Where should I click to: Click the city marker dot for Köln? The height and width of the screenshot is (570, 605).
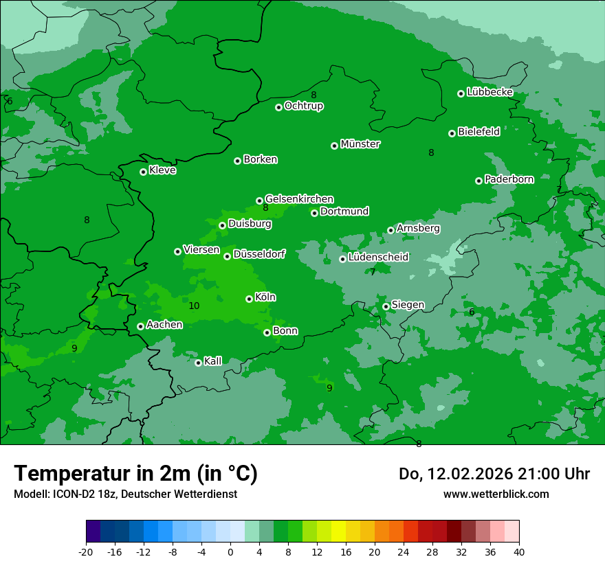tap(249, 299)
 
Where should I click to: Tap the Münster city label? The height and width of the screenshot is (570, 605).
tap(360, 144)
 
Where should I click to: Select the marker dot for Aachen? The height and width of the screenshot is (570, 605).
tap(140, 326)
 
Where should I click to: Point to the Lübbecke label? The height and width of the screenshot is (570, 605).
tap(489, 92)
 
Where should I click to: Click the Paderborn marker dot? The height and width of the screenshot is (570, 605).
tap(478, 181)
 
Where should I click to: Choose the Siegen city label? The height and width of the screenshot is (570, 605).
tap(408, 305)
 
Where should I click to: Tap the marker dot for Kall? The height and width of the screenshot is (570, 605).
tap(198, 363)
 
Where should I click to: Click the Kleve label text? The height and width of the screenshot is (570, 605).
tap(162, 170)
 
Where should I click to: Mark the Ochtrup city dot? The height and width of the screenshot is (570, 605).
tap(278, 107)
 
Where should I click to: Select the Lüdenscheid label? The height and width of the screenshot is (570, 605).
tap(378, 258)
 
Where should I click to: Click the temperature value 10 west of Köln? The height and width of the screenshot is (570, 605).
tap(194, 306)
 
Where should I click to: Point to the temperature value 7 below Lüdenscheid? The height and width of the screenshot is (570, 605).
tap(373, 273)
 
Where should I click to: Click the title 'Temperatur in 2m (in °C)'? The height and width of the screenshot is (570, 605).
tap(135, 473)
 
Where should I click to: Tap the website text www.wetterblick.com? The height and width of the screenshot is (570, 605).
tap(496, 494)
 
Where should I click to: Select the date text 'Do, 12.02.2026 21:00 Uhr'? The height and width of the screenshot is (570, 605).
tap(494, 474)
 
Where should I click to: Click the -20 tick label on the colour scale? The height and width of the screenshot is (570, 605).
tap(86, 551)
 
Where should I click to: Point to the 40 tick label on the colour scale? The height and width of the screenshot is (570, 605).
tap(519, 551)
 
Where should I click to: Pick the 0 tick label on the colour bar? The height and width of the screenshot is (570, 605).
tap(230, 551)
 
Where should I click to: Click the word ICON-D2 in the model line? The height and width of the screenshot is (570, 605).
tap(71, 494)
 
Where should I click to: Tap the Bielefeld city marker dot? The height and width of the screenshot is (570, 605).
tap(452, 133)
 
